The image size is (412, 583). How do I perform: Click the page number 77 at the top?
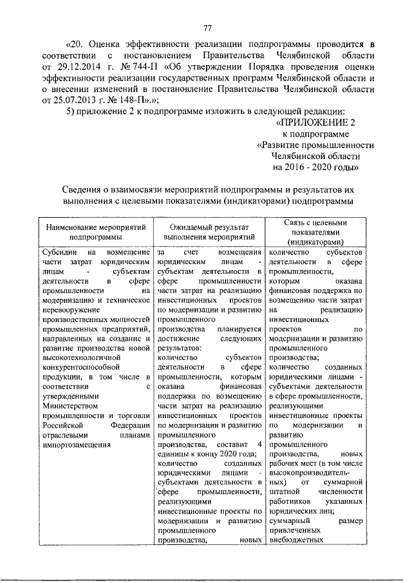point(207,26)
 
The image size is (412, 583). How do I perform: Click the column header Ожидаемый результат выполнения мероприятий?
point(209,232)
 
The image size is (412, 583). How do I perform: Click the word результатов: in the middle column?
point(180,349)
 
